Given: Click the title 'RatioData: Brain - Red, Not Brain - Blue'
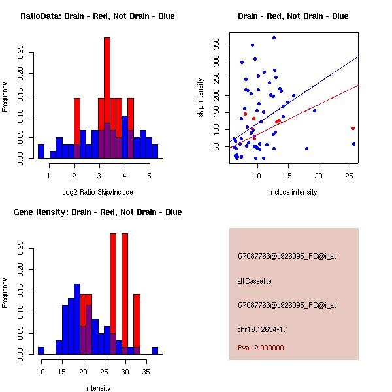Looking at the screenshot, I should click(97, 16).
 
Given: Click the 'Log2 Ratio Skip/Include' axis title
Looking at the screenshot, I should click(97, 192).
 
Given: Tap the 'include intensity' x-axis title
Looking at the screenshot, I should click(293, 192).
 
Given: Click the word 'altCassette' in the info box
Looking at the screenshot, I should click(254, 281).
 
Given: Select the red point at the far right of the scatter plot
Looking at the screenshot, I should click(353, 128).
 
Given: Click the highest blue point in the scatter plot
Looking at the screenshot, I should click(274, 38).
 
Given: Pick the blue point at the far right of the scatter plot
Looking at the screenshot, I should click(353, 144).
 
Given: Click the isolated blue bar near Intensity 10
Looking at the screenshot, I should click(41, 351).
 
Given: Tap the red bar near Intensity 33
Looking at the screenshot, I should click(137, 320).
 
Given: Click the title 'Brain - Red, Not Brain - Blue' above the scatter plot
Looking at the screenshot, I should click(293, 16).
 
